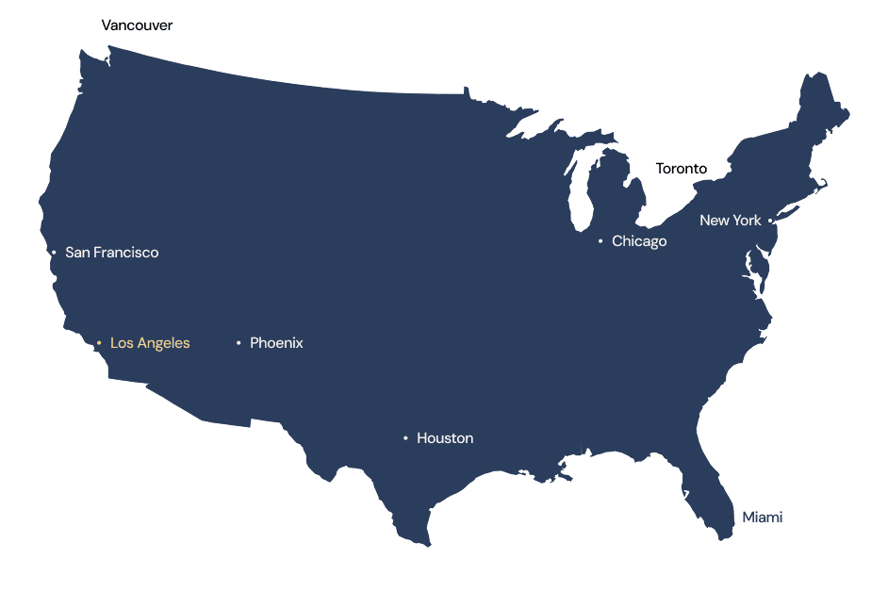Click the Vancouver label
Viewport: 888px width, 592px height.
click(x=137, y=25)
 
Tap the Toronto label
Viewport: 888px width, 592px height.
click(x=681, y=169)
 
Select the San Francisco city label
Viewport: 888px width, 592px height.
click(x=111, y=253)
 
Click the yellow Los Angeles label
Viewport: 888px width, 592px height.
click(x=150, y=343)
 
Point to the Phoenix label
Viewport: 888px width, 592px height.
click(x=276, y=343)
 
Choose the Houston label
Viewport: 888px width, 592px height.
click(x=445, y=438)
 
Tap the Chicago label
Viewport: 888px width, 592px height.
click(x=639, y=241)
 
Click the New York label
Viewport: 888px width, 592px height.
click(x=730, y=221)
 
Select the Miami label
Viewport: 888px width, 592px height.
click(x=762, y=517)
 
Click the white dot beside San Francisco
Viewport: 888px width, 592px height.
click(x=54, y=253)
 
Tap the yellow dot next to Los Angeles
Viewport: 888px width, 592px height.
click(x=99, y=343)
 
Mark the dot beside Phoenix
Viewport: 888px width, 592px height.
click(x=238, y=343)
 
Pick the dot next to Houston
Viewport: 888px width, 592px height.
click(x=405, y=438)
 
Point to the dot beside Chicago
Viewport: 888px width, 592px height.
click(x=600, y=241)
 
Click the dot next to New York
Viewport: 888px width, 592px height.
click(x=770, y=221)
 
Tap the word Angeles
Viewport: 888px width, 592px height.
click(x=164, y=343)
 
